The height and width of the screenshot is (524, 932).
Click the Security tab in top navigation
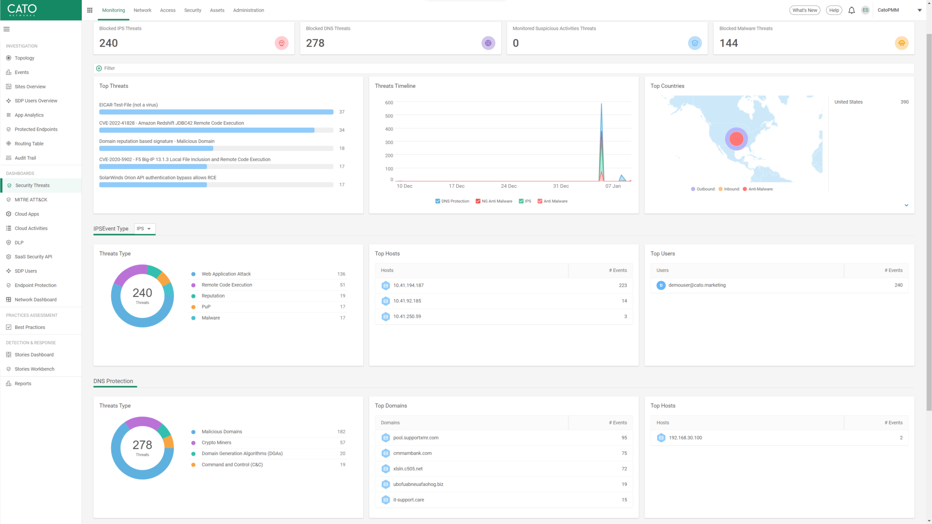(192, 10)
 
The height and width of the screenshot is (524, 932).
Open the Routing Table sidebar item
(29, 144)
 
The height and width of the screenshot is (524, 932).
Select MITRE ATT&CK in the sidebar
(30, 200)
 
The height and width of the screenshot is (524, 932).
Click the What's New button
(804, 10)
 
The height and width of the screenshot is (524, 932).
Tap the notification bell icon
(851, 10)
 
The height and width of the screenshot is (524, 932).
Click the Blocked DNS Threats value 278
(315, 43)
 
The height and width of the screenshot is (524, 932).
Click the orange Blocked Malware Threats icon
(901, 43)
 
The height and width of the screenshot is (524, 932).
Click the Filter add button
(99, 68)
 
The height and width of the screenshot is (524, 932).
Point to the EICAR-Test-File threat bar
(216, 112)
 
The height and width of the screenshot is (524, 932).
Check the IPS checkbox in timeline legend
(521, 201)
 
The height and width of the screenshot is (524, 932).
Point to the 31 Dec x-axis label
(561, 186)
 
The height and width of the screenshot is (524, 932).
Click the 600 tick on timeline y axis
(389, 103)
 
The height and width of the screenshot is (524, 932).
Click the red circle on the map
(736, 139)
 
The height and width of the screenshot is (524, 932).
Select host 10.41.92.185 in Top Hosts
(407, 301)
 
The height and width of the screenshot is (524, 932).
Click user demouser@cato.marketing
(697, 285)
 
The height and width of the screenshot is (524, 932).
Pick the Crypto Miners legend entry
(216, 443)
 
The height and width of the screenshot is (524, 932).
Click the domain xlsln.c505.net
(408, 469)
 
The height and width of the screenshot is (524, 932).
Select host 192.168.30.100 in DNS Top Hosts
(685, 438)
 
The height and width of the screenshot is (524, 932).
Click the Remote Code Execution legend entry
(227, 285)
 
